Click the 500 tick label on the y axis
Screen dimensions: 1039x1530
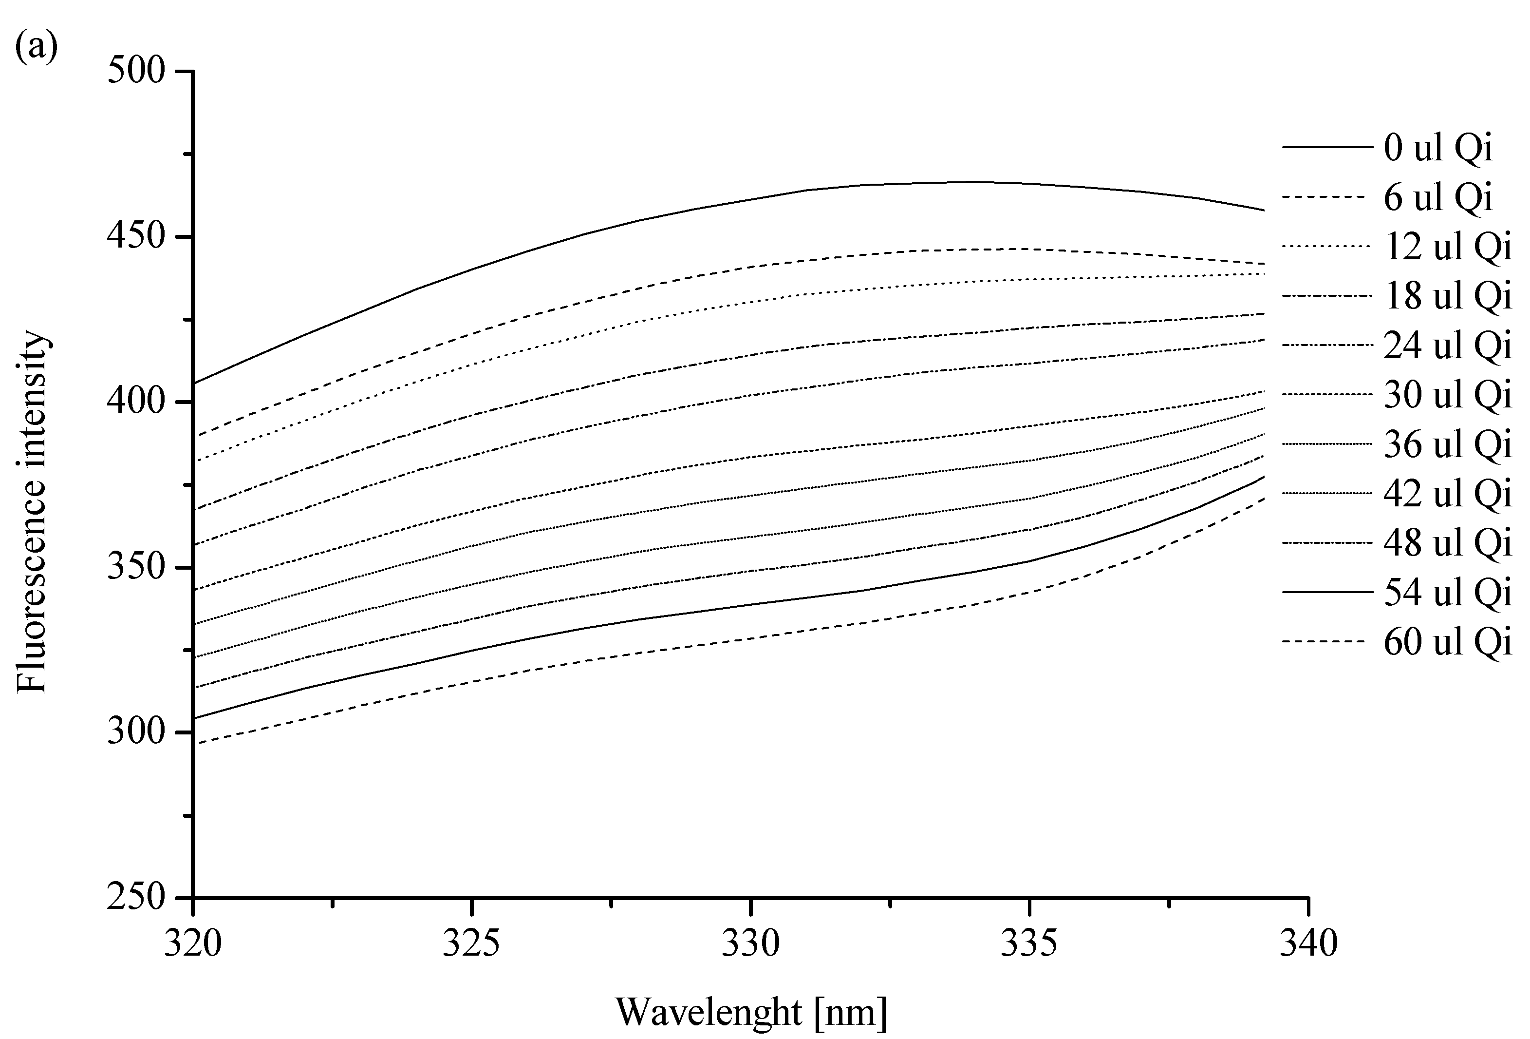pyautogui.click(x=135, y=71)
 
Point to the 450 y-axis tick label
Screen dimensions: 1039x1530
pyautogui.click(x=135, y=236)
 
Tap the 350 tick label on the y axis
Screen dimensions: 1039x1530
pyautogui.click(x=135, y=567)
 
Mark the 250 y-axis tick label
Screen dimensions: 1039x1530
pyautogui.click(x=135, y=897)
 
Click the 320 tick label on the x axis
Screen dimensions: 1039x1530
pyautogui.click(x=193, y=943)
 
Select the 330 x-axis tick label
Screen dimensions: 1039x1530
pyautogui.click(x=750, y=943)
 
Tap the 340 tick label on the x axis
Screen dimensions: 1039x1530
pyautogui.click(x=1308, y=943)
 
